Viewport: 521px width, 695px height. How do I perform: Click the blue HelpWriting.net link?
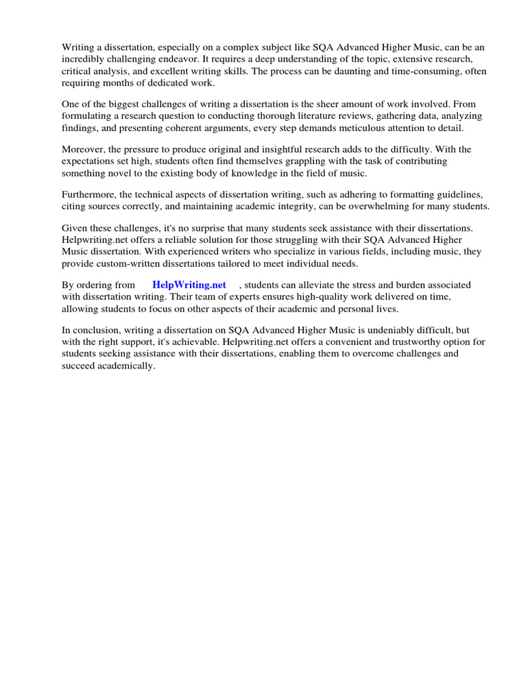point(189,285)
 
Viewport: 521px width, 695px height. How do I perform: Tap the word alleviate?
point(319,285)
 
